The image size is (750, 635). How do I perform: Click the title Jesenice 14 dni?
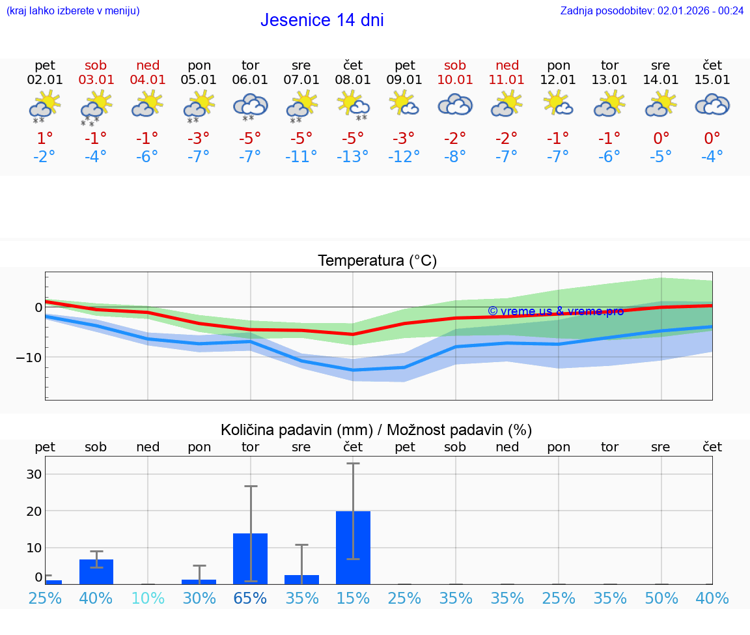click(322, 20)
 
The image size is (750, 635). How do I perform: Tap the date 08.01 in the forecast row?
click(353, 80)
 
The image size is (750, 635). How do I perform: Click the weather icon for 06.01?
click(251, 106)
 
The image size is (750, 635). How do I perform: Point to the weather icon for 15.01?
click(712, 105)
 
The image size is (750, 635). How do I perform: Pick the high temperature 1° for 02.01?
click(45, 138)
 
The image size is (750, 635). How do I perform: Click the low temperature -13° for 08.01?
click(353, 157)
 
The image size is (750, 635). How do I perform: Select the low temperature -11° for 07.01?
click(301, 157)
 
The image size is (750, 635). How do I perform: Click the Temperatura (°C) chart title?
click(377, 261)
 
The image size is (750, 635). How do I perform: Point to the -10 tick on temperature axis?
click(30, 358)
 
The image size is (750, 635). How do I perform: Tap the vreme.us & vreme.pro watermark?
click(555, 311)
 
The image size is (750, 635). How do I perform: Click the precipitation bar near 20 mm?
click(353, 547)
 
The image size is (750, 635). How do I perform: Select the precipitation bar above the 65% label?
click(251, 558)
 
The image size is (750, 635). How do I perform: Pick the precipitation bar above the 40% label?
click(96, 571)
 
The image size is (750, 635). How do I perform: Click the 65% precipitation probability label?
click(251, 598)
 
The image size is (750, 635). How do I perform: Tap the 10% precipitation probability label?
click(148, 598)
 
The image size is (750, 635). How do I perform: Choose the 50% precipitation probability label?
click(661, 598)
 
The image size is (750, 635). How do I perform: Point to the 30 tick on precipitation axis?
click(34, 474)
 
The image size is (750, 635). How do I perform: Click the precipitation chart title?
click(376, 430)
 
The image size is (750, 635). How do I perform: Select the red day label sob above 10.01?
click(455, 65)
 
